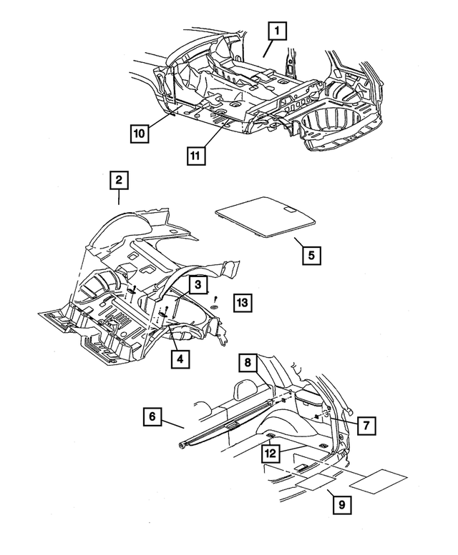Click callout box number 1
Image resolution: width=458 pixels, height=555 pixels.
[x=277, y=31]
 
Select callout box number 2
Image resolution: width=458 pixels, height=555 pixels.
[x=118, y=180]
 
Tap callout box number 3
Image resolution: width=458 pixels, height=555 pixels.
[x=198, y=284]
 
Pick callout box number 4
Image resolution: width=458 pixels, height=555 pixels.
[x=180, y=359]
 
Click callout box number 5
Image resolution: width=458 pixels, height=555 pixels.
[x=311, y=255]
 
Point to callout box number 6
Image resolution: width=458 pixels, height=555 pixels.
[x=152, y=416]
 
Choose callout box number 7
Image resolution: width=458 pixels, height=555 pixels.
[x=366, y=425]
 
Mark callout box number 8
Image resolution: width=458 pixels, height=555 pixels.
[x=248, y=362]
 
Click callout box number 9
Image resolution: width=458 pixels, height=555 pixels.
[x=342, y=504]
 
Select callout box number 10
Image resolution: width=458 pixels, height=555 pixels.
[x=140, y=134]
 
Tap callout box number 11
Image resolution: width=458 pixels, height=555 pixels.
[x=195, y=156]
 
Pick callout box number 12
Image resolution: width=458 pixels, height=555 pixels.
[x=271, y=454]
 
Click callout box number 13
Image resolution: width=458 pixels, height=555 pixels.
[x=243, y=303]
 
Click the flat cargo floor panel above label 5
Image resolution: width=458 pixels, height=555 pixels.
[x=265, y=216]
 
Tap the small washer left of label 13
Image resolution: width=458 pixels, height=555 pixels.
[x=215, y=306]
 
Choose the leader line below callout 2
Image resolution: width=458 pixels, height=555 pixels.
[x=118, y=197]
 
